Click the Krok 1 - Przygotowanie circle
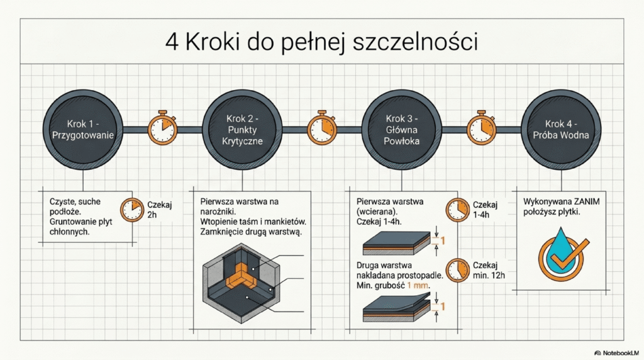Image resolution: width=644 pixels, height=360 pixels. pos(84,130)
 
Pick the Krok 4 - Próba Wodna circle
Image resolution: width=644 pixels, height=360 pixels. pos(562,130)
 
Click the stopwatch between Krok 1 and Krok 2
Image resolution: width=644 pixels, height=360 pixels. pos(163,128)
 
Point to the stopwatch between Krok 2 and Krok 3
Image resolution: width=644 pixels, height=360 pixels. pos(323,128)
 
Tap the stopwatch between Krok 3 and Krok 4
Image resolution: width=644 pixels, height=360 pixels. pos(482,128)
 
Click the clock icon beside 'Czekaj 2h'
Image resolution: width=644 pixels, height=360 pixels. pos(131,210)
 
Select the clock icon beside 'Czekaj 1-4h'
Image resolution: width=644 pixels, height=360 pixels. pos(457,210)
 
